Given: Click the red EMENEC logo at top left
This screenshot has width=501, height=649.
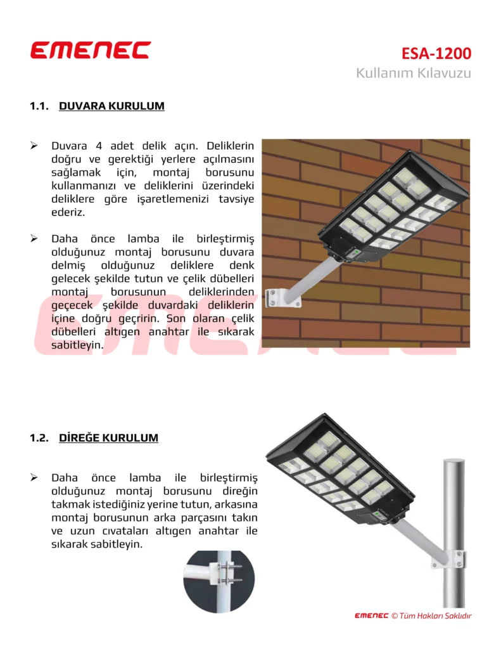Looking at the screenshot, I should pos(91,50).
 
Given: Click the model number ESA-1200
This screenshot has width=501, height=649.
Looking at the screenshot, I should pos(436,53).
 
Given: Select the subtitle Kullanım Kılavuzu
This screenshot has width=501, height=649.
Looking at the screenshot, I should pos(413,73).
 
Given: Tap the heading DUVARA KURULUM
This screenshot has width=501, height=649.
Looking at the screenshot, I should pos(111,106).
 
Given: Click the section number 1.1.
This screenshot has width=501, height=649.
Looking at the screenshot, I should pos(39,106).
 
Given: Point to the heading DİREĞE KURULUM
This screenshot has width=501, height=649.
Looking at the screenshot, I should pos(108,438).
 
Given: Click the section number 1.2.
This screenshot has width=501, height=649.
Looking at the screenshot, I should pos(39,438).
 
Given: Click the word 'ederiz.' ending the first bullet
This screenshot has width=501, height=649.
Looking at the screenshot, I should pos(68,212).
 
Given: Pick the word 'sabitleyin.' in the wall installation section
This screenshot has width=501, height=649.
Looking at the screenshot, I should pos(77,345).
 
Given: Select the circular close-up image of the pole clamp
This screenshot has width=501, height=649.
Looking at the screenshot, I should pos(219,581).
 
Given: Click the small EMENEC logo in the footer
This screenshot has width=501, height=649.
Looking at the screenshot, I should pos(371,615).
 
